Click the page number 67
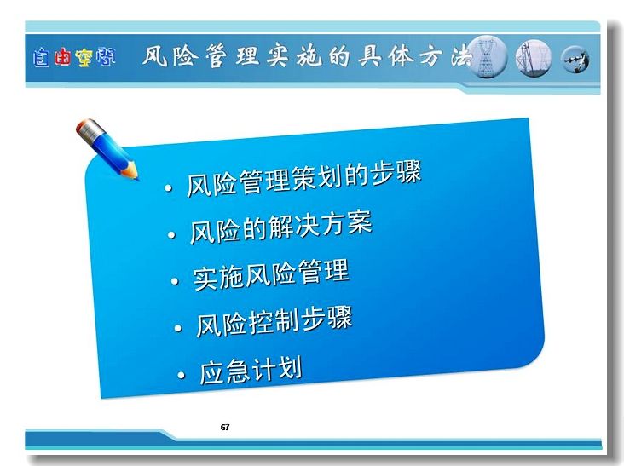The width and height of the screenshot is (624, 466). click(225, 428)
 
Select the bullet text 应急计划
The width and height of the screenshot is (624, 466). click(251, 371)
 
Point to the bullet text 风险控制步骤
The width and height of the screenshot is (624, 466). click(274, 322)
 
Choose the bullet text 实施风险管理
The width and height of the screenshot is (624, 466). click(271, 274)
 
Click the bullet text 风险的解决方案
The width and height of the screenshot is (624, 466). click(281, 227)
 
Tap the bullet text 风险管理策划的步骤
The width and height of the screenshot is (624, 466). click(303, 180)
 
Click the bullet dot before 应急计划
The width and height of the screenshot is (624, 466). click(182, 376)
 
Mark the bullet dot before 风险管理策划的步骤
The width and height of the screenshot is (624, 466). click(168, 188)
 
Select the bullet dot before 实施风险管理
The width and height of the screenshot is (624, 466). click(175, 281)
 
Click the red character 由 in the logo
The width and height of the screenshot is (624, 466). click(62, 58)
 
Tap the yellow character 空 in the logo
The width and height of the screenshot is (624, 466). click(84, 58)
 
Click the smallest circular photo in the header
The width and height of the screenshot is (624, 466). click(575, 60)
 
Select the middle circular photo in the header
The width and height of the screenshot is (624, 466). click(534, 58)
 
